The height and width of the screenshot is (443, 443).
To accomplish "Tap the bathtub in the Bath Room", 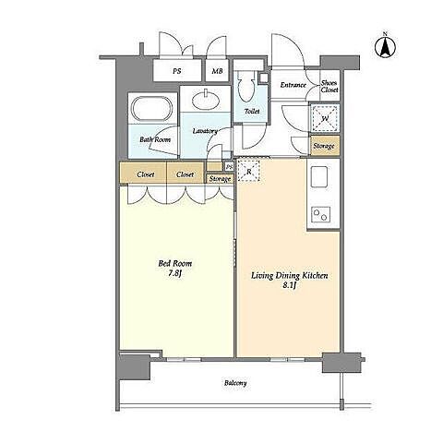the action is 152,109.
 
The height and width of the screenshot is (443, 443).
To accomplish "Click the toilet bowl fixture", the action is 246,87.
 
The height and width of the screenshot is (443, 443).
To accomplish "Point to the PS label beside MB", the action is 176,71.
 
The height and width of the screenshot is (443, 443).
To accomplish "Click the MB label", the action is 217,71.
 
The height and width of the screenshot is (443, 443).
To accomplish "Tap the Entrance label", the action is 293,85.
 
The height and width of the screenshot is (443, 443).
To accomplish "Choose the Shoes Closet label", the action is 329,87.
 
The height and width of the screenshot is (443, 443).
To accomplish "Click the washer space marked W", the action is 325,118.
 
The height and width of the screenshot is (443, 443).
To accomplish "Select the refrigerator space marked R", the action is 249,171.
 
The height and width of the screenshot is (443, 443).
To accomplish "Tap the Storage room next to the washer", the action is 325,146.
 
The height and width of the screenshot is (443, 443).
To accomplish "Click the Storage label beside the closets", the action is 220,179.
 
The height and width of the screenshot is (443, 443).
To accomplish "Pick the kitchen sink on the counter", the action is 319,177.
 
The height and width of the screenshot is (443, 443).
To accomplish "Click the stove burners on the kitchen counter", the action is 321,214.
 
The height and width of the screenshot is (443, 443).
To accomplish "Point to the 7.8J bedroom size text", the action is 175,273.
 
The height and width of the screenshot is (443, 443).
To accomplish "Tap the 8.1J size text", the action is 289,286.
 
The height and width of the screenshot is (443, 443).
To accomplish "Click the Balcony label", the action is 235,383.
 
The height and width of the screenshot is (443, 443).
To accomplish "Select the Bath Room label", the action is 155,139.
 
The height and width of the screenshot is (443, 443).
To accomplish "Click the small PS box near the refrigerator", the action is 229,167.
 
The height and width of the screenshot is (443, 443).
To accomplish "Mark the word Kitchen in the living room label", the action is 314,275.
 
